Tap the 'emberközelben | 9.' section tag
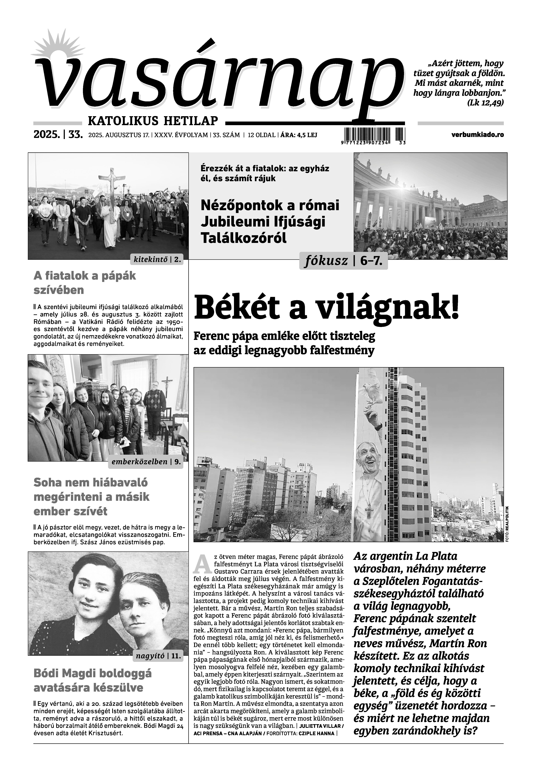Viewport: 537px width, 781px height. click(146, 462)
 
